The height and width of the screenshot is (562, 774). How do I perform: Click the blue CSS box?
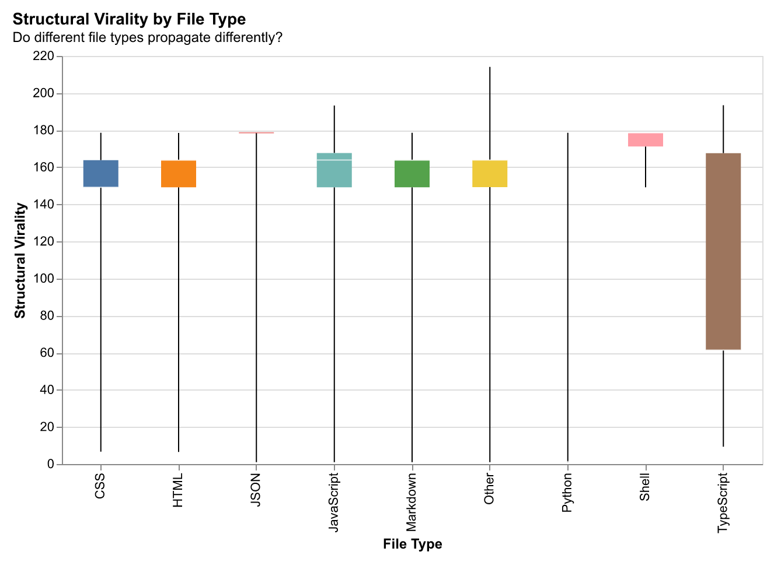[x=101, y=173]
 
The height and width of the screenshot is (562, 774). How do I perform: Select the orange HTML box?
[x=179, y=173]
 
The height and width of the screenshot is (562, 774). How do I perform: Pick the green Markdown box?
[x=412, y=173]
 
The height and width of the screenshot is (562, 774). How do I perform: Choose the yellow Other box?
[x=490, y=173]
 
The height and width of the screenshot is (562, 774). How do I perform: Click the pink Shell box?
[x=645, y=140]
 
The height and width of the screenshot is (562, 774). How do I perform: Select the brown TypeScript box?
[x=723, y=251]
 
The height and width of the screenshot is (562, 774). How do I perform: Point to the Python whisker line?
[x=567, y=291]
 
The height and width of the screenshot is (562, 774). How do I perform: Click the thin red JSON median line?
[x=256, y=133]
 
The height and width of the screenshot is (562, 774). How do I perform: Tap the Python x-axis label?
[x=567, y=493]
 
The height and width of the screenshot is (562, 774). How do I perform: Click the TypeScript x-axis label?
[x=723, y=502]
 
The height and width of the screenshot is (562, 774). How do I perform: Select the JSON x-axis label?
[x=256, y=490]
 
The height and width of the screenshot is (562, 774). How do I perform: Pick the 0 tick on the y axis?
[x=50, y=465]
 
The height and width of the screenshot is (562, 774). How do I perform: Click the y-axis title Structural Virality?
[x=20, y=260]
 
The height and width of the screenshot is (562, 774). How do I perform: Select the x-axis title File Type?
[x=412, y=545]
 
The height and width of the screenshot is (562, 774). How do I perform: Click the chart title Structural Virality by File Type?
[x=129, y=19]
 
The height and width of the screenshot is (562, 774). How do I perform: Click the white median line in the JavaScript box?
[x=334, y=160]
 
